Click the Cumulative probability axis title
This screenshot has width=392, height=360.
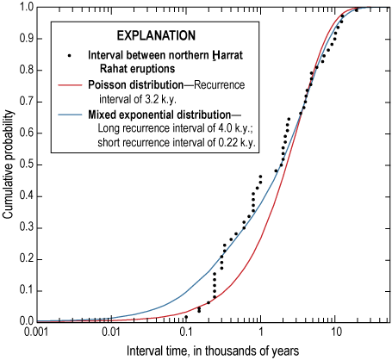(x=8, y=164)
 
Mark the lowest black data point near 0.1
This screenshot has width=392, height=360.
(x=186, y=317)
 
